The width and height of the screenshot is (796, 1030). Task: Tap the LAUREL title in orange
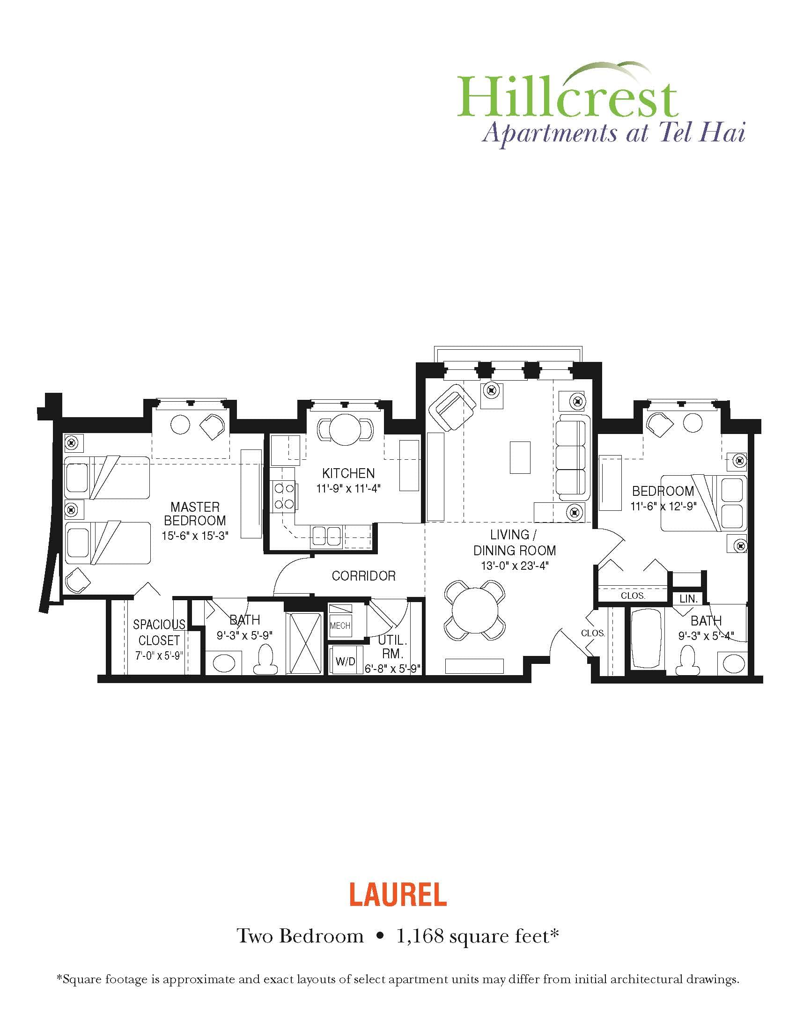click(398, 895)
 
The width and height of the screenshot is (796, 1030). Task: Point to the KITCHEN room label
click(348, 473)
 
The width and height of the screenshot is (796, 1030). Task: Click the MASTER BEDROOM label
click(195, 514)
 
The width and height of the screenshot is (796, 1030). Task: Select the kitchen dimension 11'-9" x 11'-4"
click(348, 489)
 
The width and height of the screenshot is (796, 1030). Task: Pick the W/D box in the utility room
click(345, 661)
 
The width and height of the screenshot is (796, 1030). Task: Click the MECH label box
click(340, 626)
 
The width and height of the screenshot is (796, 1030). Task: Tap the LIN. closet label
click(688, 599)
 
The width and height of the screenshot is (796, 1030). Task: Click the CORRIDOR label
click(363, 576)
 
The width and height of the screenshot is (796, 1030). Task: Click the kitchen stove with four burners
click(284, 496)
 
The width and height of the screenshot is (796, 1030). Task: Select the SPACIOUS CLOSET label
click(159, 633)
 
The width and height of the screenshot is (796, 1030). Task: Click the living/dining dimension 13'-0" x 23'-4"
click(515, 566)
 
